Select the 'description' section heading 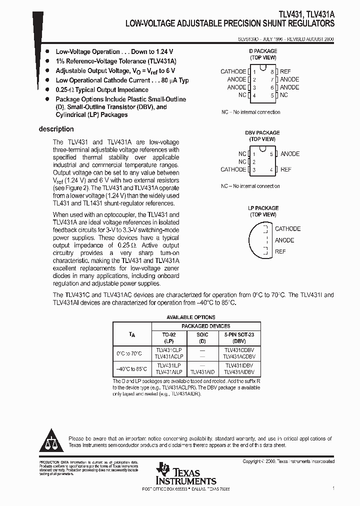tap(56, 129)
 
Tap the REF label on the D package tap(285, 71)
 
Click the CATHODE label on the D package tap(233, 71)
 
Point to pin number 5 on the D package tap(272, 95)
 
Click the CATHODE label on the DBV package tap(233, 169)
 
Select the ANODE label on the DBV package tap(290, 154)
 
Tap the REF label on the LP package tap(280, 251)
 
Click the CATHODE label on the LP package tap(287, 229)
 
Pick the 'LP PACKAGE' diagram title tap(263, 208)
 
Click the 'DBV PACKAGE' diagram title tap(262, 133)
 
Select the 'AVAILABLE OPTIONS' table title tap(190, 317)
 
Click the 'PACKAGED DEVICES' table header tap(205, 326)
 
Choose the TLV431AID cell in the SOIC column tap(202, 372)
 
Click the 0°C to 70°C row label tap(129, 353)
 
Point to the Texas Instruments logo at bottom tap(185, 472)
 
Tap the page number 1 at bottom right tap(333, 487)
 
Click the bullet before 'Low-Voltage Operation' tap(47, 51)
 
